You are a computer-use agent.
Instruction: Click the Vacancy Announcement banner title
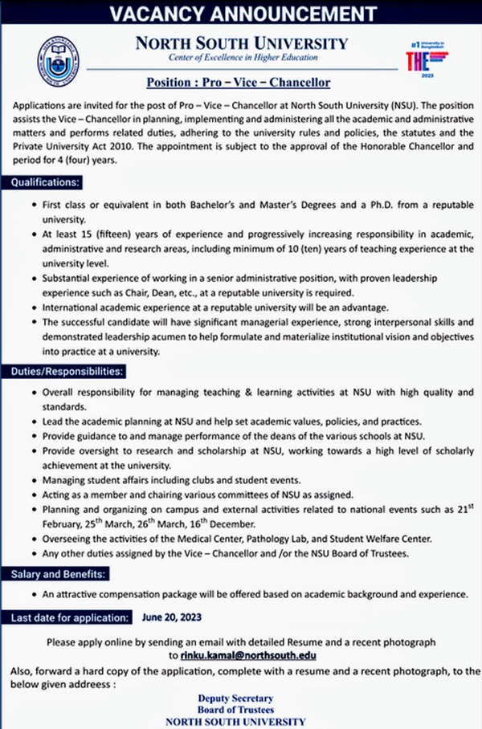(x=241, y=14)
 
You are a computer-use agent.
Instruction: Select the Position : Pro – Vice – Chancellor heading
(x=239, y=83)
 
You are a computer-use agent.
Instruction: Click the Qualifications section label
(x=44, y=183)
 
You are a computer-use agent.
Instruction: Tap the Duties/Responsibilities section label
(x=66, y=373)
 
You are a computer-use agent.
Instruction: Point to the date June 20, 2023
(x=171, y=617)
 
